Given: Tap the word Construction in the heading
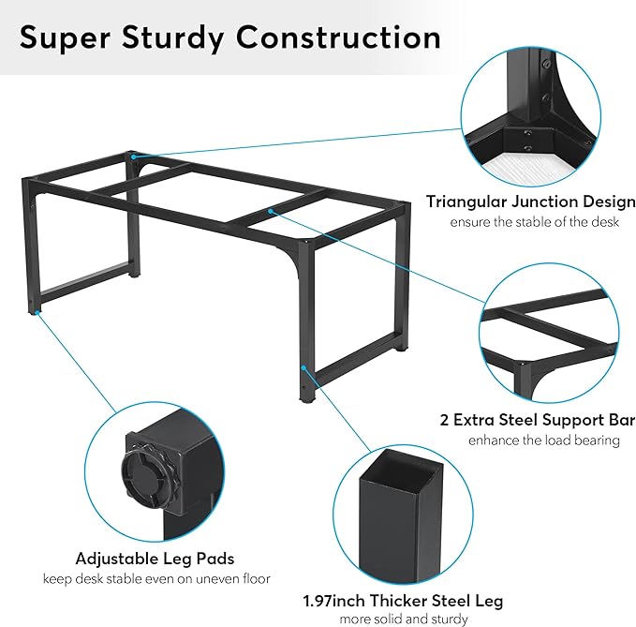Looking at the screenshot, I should pos(338,37).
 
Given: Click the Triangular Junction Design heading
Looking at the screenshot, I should pos(530,202).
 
